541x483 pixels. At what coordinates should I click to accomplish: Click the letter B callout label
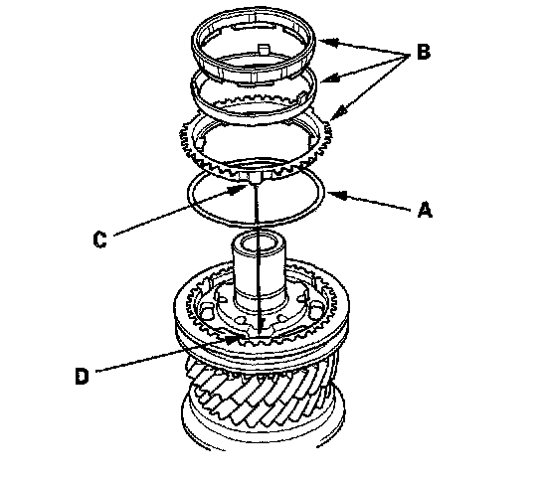pyautogui.click(x=424, y=53)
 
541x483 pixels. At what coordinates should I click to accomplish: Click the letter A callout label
pyautogui.click(x=425, y=210)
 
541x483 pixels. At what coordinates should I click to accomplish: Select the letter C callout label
pyautogui.click(x=100, y=240)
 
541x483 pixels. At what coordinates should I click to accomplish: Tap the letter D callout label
pyautogui.click(x=82, y=376)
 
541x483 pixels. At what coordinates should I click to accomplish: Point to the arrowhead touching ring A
pyautogui.click(x=336, y=195)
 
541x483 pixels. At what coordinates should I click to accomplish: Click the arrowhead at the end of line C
pyautogui.click(x=239, y=189)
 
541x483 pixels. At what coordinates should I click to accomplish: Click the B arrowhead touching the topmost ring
pyautogui.click(x=327, y=42)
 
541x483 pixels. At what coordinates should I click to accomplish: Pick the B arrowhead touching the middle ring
pyautogui.click(x=329, y=79)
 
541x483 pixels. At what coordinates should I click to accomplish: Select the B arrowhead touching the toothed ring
pyautogui.click(x=337, y=113)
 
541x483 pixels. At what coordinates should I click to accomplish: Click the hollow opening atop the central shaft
pyautogui.click(x=259, y=243)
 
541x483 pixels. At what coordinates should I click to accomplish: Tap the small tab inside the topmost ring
pyautogui.click(x=264, y=49)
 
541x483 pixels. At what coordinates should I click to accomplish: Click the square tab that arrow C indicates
pyautogui.click(x=255, y=178)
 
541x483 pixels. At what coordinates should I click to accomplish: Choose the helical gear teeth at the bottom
pyautogui.click(x=263, y=392)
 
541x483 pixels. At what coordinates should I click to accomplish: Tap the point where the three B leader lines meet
pyautogui.click(x=408, y=56)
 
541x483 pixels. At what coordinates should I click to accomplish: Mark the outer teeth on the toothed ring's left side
pyautogui.click(x=186, y=141)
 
